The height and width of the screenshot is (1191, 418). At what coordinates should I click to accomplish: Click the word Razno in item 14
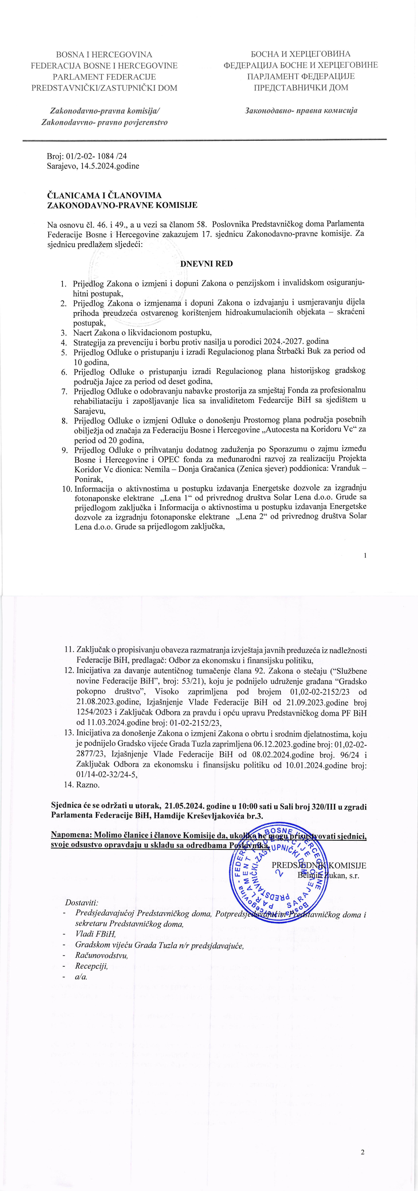[x=88, y=785]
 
